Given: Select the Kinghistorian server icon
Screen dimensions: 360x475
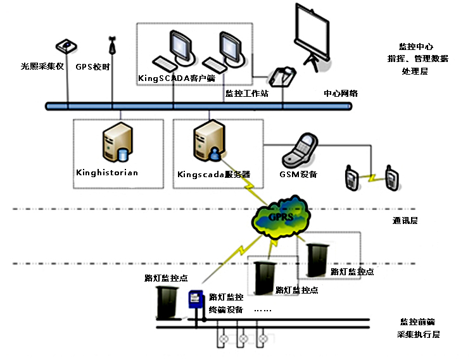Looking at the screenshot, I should (x=117, y=144).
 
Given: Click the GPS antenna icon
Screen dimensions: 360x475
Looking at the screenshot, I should (x=113, y=46).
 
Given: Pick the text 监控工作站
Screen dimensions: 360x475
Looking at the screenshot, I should (x=247, y=93).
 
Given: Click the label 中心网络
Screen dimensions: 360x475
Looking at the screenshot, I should (x=341, y=93).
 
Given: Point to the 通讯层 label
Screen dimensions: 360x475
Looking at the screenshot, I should (x=405, y=221).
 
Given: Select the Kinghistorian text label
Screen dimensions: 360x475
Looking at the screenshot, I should (x=106, y=172).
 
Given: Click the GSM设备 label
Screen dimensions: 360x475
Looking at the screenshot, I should (x=298, y=174).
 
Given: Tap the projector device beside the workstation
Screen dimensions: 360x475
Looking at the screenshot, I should (x=282, y=77).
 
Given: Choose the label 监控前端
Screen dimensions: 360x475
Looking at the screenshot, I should (x=417, y=322).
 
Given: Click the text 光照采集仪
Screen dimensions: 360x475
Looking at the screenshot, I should (x=42, y=66).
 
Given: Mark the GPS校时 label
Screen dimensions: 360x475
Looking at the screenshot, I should (x=93, y=66).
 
